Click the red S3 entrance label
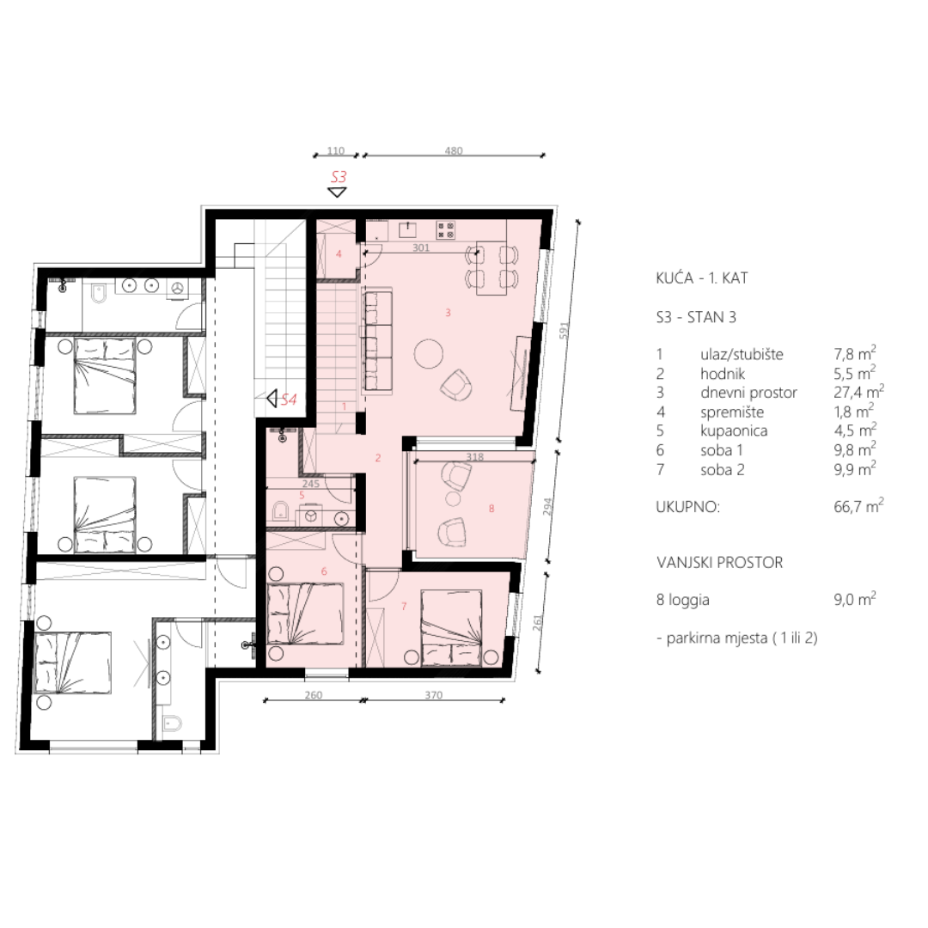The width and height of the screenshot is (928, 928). (x=339, y=176)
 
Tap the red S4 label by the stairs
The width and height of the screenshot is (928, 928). (x=288, y=400)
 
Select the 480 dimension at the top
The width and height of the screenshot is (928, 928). (x=454, y=151)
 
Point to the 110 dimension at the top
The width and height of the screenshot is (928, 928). (x=336, y=151)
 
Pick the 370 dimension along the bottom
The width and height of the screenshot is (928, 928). (x=433, y=695)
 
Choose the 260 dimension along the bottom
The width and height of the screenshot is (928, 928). (x=313, y=695)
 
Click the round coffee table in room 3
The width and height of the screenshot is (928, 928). (x=429, y=354)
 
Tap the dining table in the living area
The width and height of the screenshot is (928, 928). (x=492, y=268)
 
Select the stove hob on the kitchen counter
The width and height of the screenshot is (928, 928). (x=446, y=229)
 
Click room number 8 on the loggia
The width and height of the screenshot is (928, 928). (x=491, y=509)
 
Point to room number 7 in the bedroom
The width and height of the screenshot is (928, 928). (x=404, y=606)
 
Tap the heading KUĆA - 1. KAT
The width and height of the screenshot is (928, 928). (x=702, y=278)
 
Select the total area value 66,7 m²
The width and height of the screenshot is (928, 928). (x=858, y=507)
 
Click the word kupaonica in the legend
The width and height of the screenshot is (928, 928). (x=734, y=430)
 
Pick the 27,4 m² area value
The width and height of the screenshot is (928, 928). (x=858, y=392)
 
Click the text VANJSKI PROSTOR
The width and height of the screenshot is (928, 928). (x=720, y=562)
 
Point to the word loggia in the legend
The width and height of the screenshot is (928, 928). (x=689, y=600)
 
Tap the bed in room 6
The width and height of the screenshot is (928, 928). (x=305, y=614)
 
